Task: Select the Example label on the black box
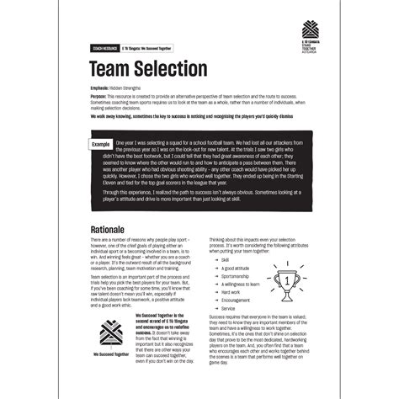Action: click(100, 145)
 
